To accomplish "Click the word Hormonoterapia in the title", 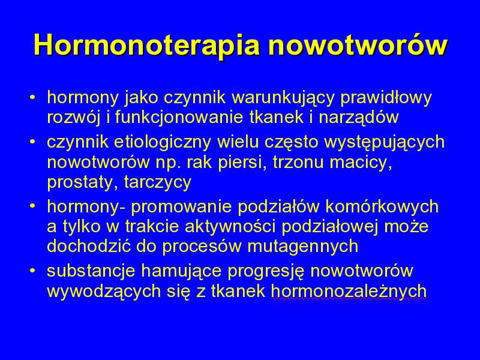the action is (x=147, y=45).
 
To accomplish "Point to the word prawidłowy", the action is (x=386, y=98).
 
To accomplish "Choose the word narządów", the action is (x=358, y=118).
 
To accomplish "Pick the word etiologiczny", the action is (x=162, y=143).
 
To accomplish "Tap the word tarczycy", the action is (x=158, y=183).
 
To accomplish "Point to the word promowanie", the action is (x=181, y=207).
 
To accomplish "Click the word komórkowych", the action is (x=382, y=207).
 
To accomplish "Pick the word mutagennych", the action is (x=303, y=247).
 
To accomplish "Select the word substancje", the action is (x=91, y=271).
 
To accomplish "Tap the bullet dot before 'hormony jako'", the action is (x=33, y=98).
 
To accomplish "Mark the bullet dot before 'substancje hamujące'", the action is (x=33, y=271).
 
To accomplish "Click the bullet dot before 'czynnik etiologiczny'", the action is (x=33, y=142).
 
